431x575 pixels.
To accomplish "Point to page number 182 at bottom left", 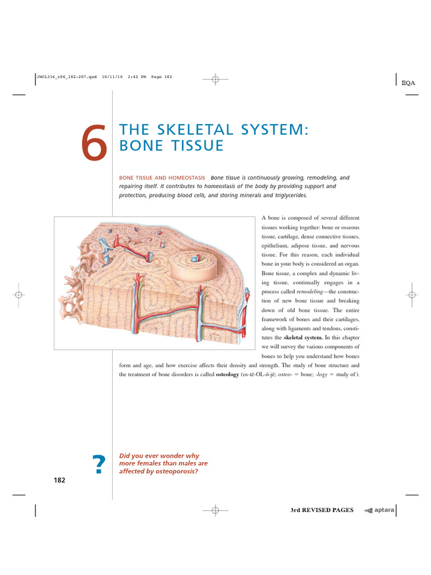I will [59, 480].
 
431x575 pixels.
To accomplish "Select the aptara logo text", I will [385, 510].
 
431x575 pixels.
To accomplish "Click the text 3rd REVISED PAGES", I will [322, 510].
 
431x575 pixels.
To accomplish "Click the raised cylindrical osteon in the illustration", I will [191, 264].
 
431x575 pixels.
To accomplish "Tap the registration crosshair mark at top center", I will [215, 79].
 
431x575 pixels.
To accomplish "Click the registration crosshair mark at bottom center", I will [215, 510].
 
